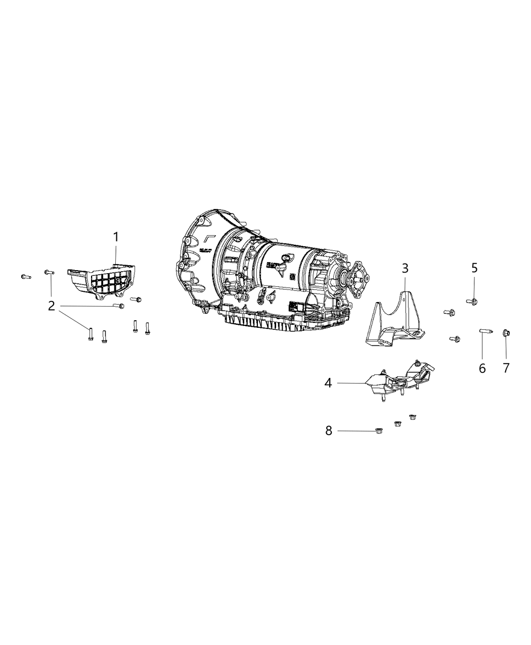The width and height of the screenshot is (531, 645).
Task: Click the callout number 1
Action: tap(116, 237)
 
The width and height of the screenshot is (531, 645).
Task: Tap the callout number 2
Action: tap(52, 306)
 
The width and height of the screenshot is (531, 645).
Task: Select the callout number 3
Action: tap(405, 268)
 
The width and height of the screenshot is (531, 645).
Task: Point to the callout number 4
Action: tap(329, 383)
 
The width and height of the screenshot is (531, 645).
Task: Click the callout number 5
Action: tap(474, 268)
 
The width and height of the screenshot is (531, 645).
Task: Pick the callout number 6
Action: tap(482, 368)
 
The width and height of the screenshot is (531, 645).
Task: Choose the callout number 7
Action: tap(506, 368)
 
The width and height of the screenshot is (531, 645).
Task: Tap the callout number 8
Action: tap(329, 431)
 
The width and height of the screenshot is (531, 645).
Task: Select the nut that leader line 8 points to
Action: tap(379, 431)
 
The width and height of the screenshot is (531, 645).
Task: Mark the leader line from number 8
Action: tap(356, 431)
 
